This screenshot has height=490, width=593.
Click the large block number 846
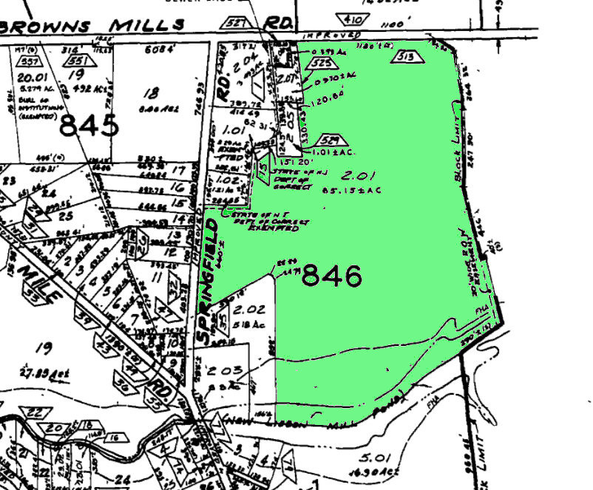click(x=332, y=276)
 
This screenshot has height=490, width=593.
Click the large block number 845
click(x=89, y=126)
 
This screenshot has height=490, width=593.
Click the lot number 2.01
click(x=353, y=176)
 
